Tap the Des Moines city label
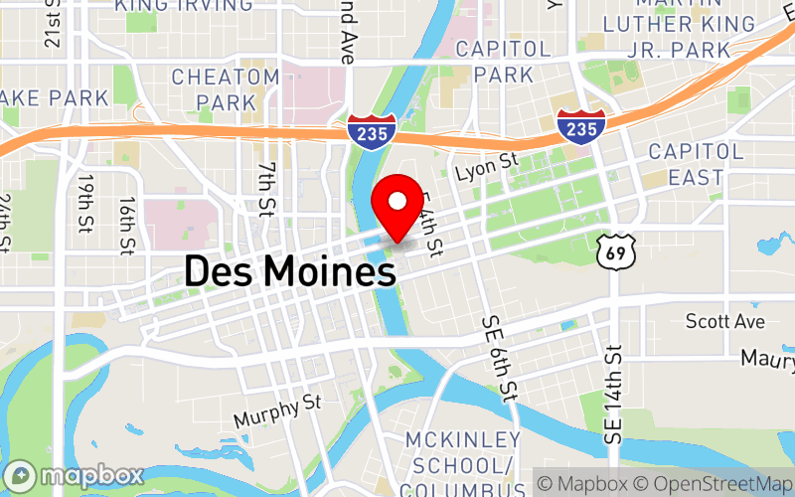coord(287,270)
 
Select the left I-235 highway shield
coord(372,129)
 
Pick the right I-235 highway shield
coord(580,126)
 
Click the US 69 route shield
coord(615,253)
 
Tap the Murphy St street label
coord(278,411)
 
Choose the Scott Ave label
coord(725,321)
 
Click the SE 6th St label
coord(499,355)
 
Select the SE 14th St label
coord(613,393)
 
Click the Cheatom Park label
coord(226,89)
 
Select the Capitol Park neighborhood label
coord(503,62)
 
